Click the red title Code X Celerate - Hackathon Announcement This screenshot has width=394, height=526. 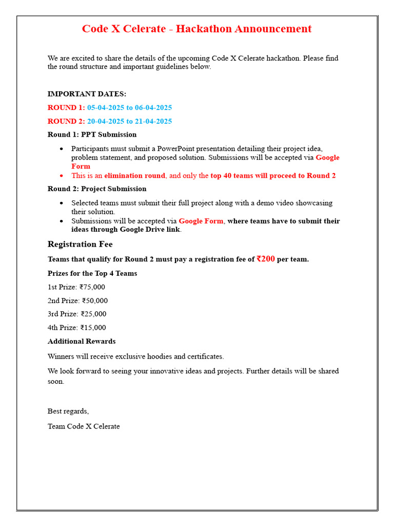(196, 29)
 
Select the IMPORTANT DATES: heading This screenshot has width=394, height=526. (87, 94)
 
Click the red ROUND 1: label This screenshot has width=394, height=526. (66, 107)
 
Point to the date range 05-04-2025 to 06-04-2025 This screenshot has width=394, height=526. (129, 107)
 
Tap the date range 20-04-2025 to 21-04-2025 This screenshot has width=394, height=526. (129, 121)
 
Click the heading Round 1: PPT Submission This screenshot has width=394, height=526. (92, 135)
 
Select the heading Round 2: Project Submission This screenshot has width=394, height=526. (97, 189)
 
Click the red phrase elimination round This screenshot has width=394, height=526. (134, 176)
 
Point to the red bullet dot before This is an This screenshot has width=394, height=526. (62, 176)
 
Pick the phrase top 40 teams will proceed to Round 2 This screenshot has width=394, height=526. (273, 176)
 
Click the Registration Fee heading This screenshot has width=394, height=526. (80, 244)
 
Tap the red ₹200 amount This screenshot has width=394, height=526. (266, 259)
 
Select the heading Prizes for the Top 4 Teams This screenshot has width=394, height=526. (92, 273)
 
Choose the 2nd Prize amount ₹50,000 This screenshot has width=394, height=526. (95, 300)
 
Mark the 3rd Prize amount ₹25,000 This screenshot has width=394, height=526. (94, 314)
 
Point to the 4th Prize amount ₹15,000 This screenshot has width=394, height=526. (93, 328)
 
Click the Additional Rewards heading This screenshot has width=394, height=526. (82, 341)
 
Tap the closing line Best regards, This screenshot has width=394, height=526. (68, 411)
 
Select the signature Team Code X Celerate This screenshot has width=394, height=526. (84, 426)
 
